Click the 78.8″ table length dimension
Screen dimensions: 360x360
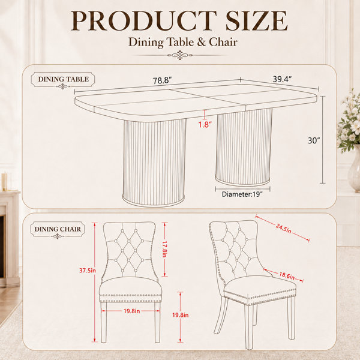pyautogui.click(x=163, y=81)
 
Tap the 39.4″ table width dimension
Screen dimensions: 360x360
pyautogui.click(x=282, y=79)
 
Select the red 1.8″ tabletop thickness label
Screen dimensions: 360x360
pyautogui.click(x=205, y=124)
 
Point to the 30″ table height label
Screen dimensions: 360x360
pyautogui.click(x=314, y=140)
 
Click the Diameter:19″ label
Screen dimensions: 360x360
pyautogui.click(x=242, y=194)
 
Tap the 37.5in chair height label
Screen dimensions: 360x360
pyautogui.click(x=88, y=271)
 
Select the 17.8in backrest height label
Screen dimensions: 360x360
pyautogui.click(x=164, y=249)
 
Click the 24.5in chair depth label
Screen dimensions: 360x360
pyautogui.click(x=284, y=229)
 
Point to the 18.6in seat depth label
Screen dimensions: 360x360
pyautogui.click(x=287, y=275)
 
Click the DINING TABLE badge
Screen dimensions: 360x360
pyautogui.click(x=63, y=79)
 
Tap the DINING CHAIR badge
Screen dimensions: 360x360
pyautogui.click(x=58, y=229)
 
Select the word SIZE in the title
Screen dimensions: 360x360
pyautogui.click(x=256, y=20)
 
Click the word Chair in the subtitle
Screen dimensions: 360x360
pyautogui.click(x=223, y=42)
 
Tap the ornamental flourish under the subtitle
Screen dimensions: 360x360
pyautogui.click(x=180, y=55)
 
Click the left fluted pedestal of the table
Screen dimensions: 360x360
pyautogui.click(x=154, y=163)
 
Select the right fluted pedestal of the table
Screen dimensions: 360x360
pyautogui.click(x=244, y=147)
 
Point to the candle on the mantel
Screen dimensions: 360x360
pyautogui.click(x=4, y=182)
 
